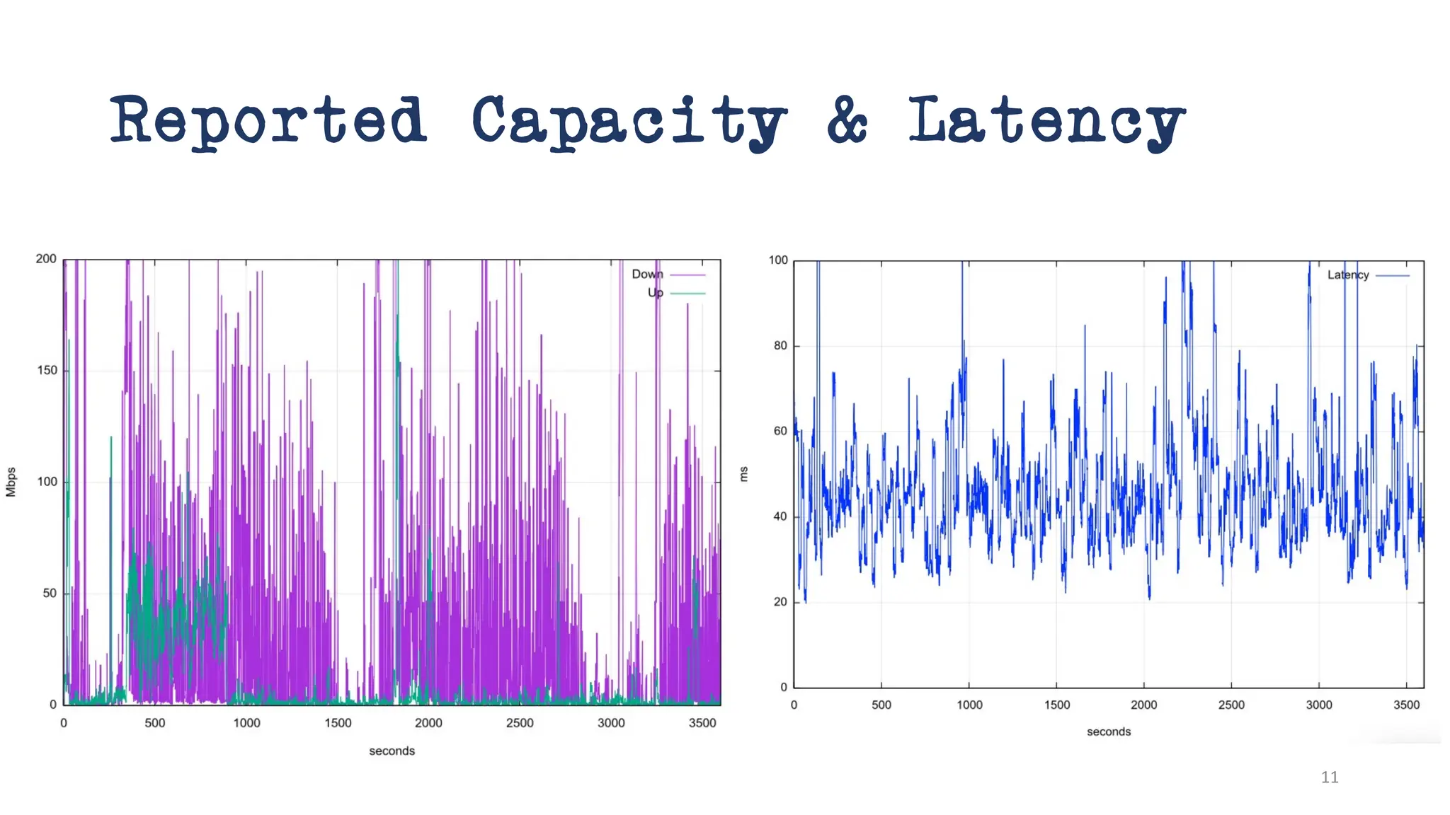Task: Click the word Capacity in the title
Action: tap(629, 122)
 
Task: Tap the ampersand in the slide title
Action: tap(847, 120)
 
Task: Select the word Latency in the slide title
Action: tap(1046, 122)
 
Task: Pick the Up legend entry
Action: tap(656, 293)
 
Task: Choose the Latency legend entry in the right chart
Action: tap(1348, 275)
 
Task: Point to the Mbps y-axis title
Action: tap(11, 482)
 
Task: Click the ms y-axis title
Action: tap(743, 474)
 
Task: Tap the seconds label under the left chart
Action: tap(392, 751)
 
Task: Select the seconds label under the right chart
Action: tap(1109, 732)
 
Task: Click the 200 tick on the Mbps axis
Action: tap(46, 259)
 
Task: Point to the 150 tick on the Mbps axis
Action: tap(47, 371)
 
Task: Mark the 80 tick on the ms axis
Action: tap(780, 346)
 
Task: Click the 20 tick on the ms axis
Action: tap(780, 602)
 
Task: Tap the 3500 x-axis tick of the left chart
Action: tap(702, 723)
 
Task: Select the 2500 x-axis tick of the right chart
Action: tap(1231, 705)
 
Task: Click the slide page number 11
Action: tap(1330, 778)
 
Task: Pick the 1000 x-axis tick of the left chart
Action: tap(246, 723)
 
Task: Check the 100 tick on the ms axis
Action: tap(778, 260)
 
